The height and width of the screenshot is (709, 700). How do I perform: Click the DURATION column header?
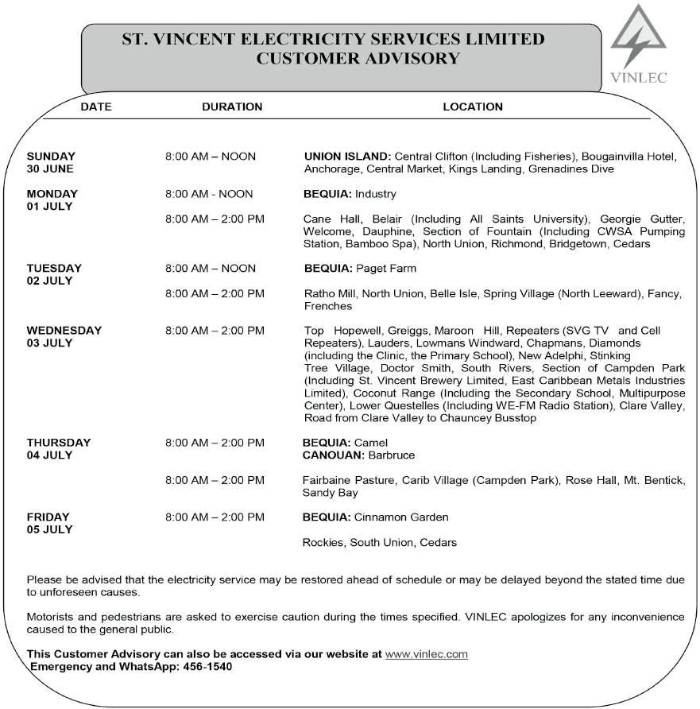pyautogui.click(x=232, y=107)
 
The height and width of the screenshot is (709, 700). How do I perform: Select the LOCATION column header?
pyautogui.click(x=473, y=107)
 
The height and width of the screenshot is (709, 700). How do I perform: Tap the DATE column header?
pyautogui.click(x=96, y=107)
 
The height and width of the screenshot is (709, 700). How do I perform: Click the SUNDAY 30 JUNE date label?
pyautogui.click(x=51, y=162)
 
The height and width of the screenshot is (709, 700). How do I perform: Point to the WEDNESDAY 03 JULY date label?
pyautogui.click(x=64, y=336)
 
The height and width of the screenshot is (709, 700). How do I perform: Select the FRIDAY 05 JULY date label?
pyautogui.click(x=49, y=523)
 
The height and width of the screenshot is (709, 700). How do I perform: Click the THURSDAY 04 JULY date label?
pyautogui.click(x=59, y=448)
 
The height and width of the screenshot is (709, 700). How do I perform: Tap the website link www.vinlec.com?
pyautogui.click(x=426, y=654)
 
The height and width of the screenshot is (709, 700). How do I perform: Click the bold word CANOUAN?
pyautogui.click(x=334, y=455)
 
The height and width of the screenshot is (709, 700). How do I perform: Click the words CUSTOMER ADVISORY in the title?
pyautogui.click(x=358, y=58)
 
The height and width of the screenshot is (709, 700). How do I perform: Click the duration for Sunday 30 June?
pyautogui.click(x=211, y=156)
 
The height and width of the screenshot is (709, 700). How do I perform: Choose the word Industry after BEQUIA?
pyautogui.click(x=375, y=193)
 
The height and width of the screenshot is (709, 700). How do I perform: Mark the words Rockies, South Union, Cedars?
pyautogui.click(x=380, y=543)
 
